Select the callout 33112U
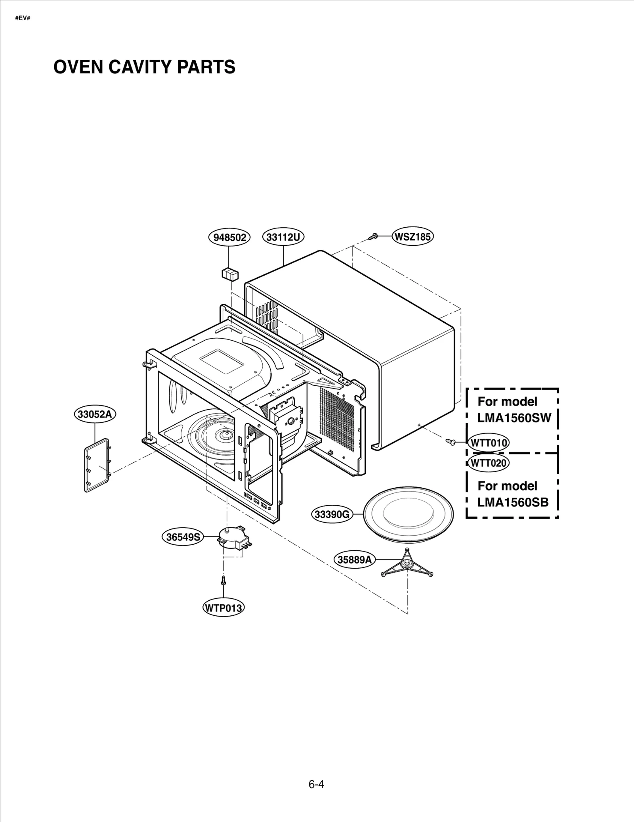tap(283, 237)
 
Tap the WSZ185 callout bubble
tap(413, 237)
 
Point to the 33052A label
tap(95, 414)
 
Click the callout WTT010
tap(489, 443)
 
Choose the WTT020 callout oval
tap(489, 463)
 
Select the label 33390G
tap(332, 515)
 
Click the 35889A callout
tap(354, 560)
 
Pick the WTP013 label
tap(223, 608)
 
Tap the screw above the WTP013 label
tap(223, 581)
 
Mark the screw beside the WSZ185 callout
tap(372, 237)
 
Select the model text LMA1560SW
tap(514, 418)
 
